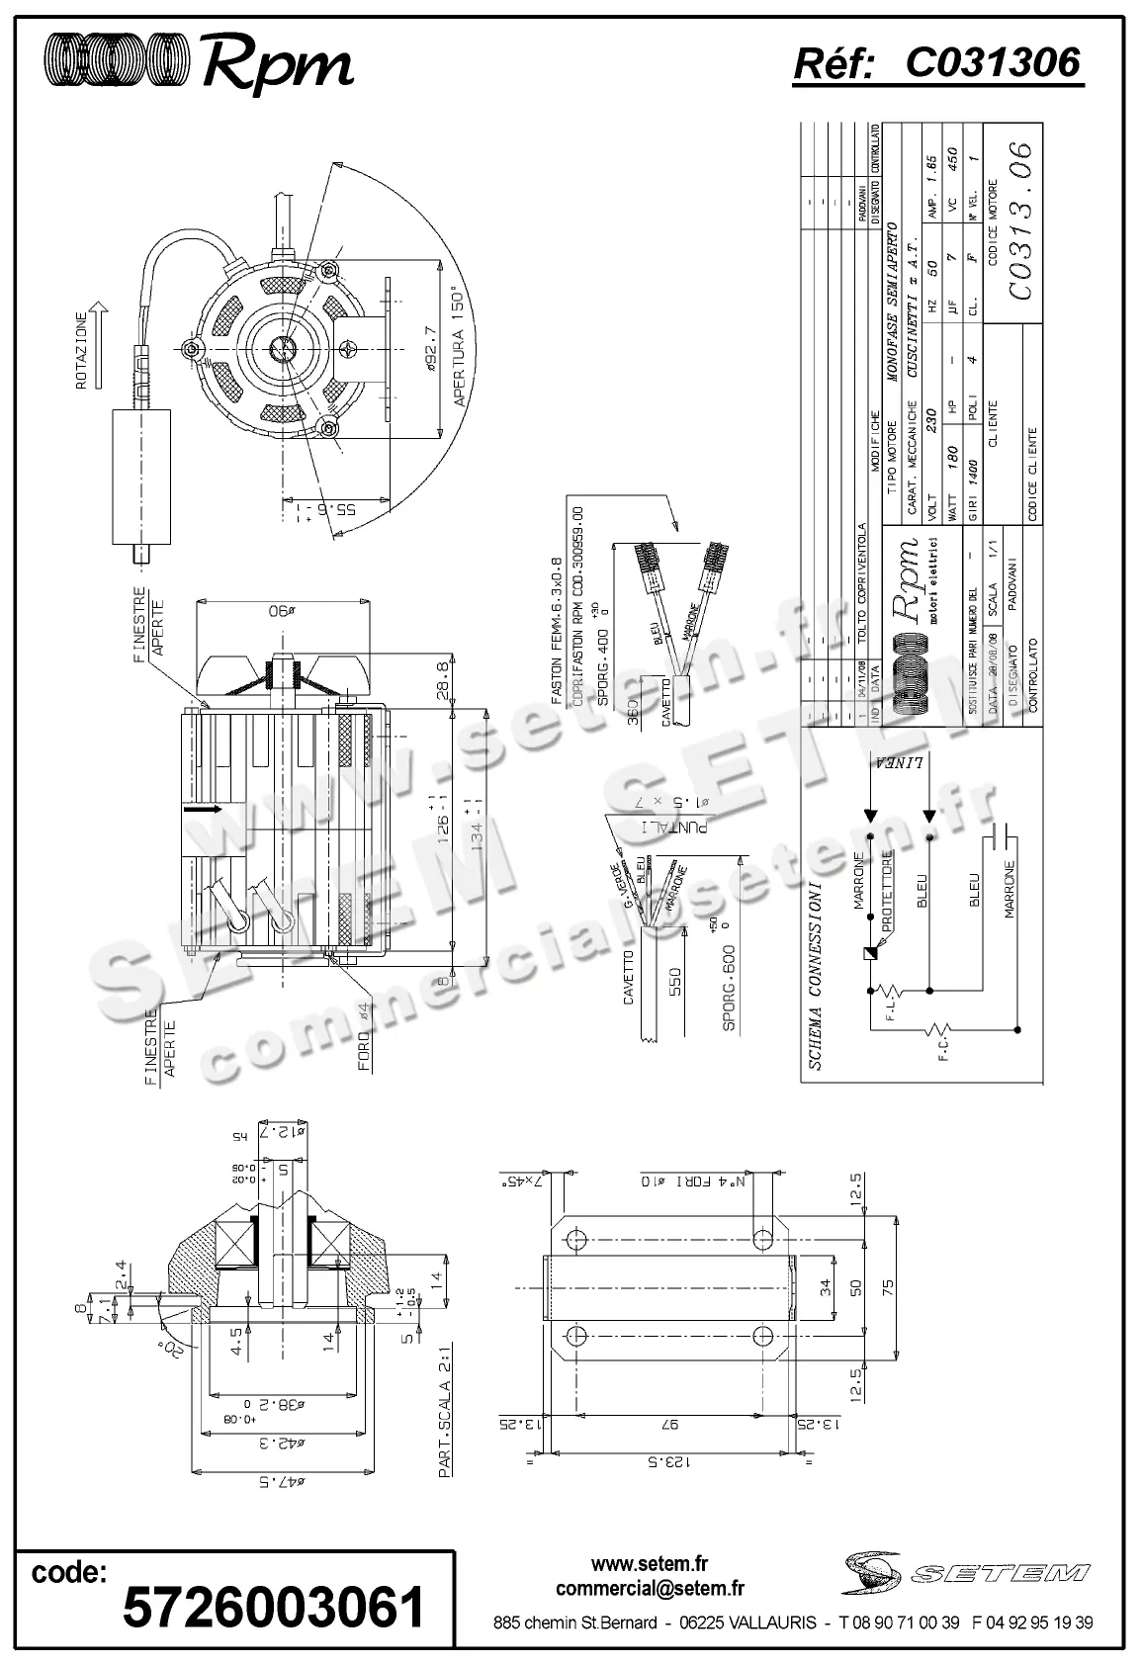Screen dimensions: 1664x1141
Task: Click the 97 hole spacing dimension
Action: click(x=667, y=1424)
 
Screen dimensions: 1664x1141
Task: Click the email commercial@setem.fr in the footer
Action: click(x=650, y=1588)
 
